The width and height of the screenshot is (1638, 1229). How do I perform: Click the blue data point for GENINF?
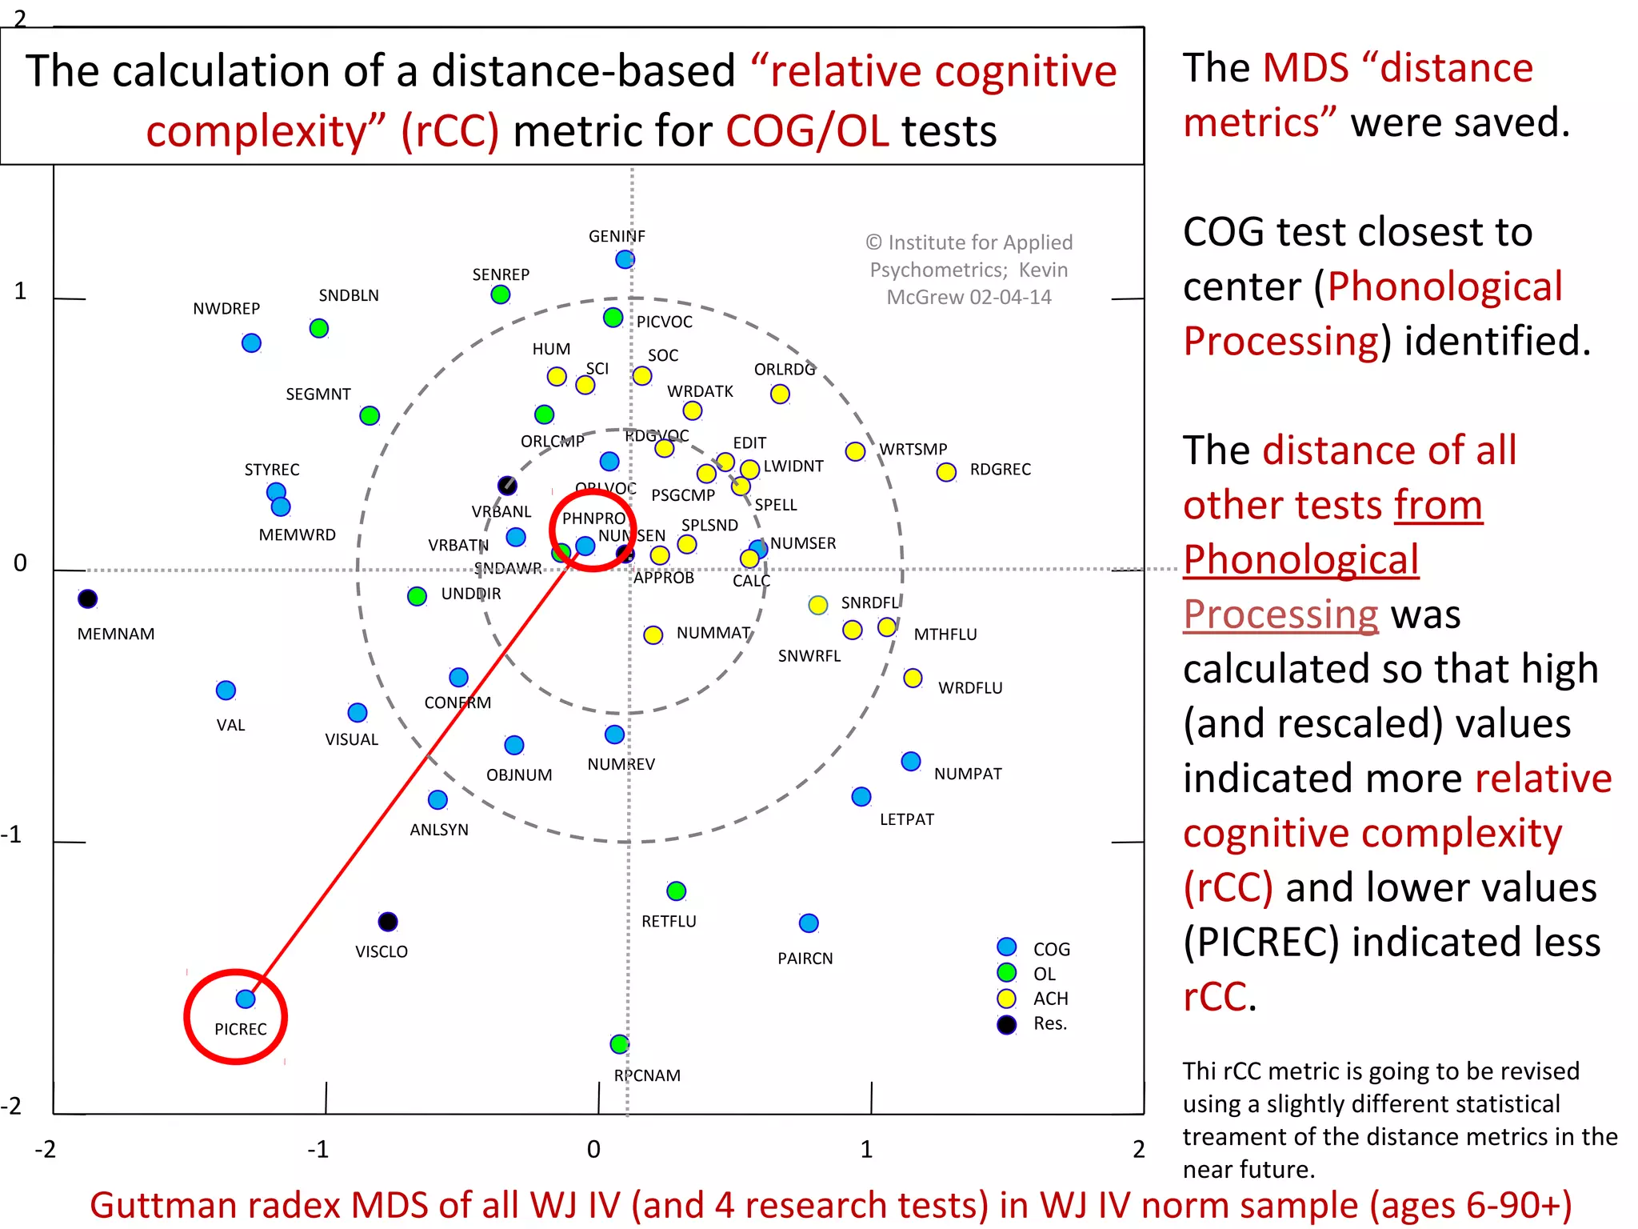(625, 259)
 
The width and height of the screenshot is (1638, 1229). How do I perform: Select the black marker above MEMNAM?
(88, 598)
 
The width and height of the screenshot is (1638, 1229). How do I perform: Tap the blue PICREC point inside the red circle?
(246, 999)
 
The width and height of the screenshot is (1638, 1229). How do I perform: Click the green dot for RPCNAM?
(619, 1044)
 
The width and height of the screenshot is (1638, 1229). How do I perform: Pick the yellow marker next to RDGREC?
(946, 472)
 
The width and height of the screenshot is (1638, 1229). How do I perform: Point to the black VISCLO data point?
(388, 922)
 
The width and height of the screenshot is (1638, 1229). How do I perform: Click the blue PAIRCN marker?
(809, 923)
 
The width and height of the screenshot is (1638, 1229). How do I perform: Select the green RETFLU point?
(677, 891)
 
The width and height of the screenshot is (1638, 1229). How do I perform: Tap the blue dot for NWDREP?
(251, 343)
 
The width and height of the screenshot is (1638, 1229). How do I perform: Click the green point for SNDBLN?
(319, 328)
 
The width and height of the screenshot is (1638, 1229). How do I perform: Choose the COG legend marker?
(1007, 947)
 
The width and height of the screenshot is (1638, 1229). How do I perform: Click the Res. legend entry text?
(1050, 1023)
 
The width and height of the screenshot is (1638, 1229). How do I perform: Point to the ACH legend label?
(1050, 999)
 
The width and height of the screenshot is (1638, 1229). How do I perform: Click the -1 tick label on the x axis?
(318, 1150)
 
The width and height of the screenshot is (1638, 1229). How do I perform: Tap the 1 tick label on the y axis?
(20, 291)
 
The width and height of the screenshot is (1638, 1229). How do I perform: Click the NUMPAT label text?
(968, 774)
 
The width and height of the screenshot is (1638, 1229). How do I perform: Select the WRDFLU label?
(970, 688)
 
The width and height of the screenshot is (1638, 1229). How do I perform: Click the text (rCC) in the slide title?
(450, 131)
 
